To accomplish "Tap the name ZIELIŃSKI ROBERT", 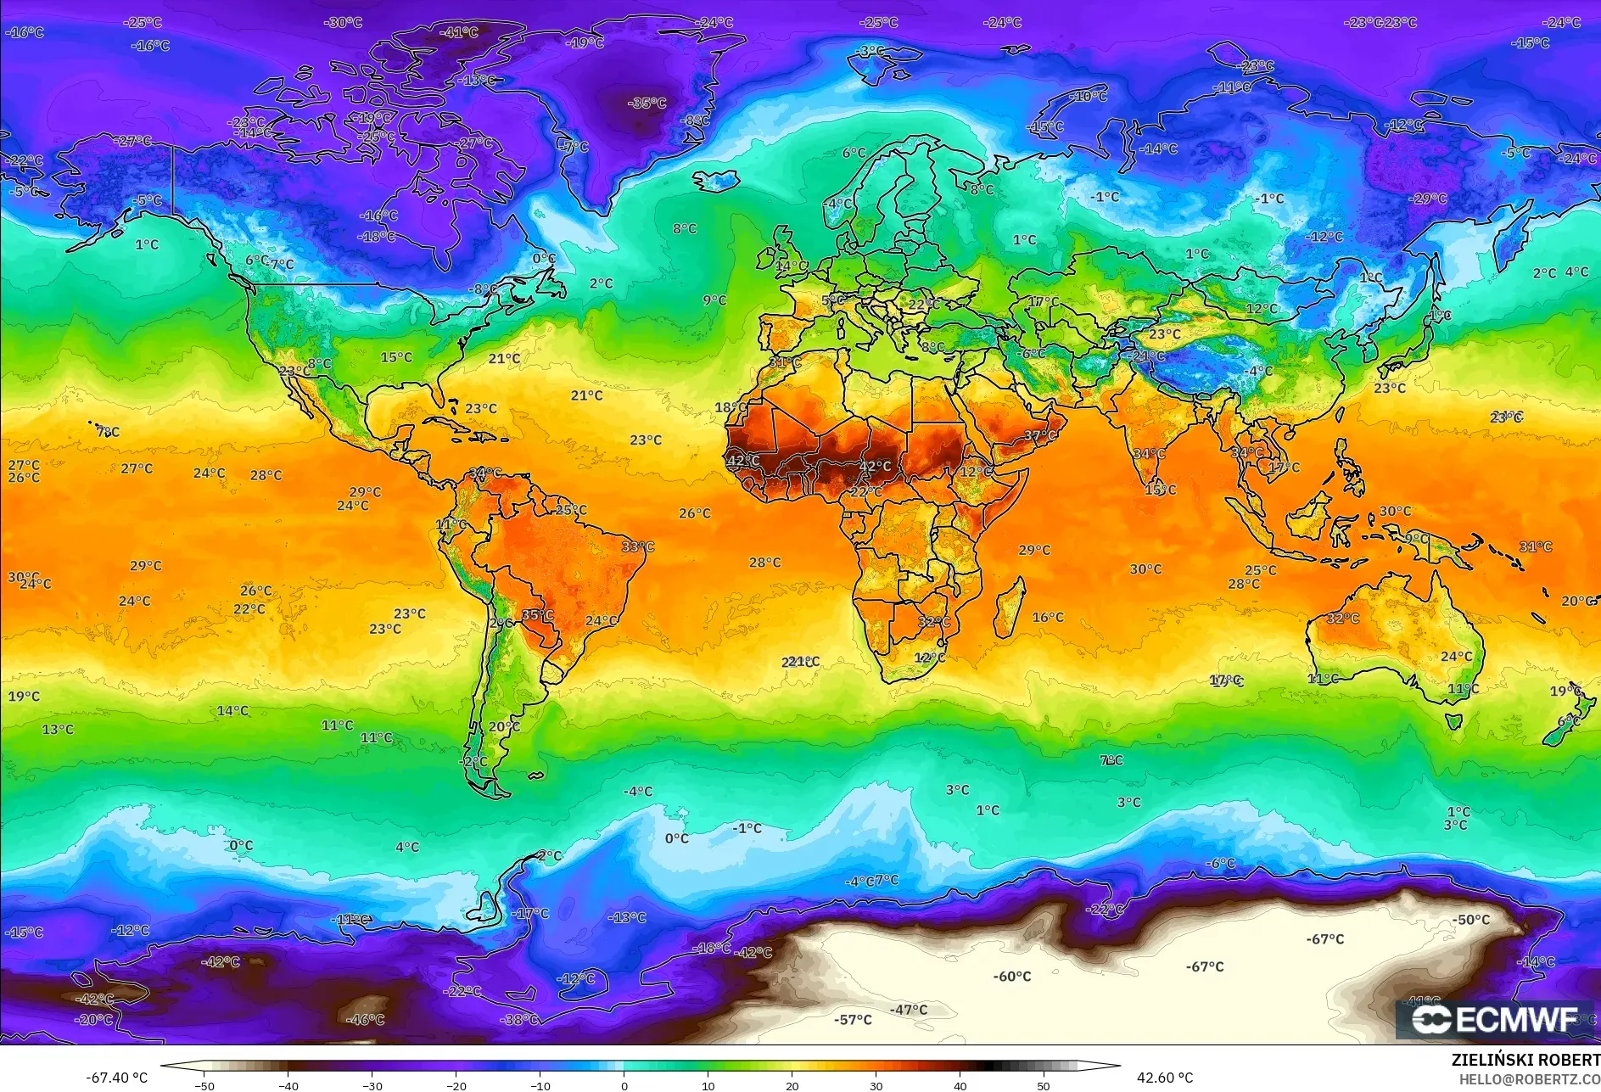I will (x=1525, y=1060).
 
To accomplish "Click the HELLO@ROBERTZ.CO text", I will (x=1529, y=1078).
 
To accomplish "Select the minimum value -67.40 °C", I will (x=116, y=1078).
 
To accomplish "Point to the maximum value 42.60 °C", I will (x=1165, y=1078).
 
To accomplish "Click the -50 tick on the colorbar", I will (x=204, y=1085).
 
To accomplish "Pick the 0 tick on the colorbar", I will (x=624, y=1085).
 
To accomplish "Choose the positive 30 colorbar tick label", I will (x=876, y=1085).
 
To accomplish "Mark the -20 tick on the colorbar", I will (x=456, y=1085).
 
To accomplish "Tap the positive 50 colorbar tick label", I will (x=1044, y=1085).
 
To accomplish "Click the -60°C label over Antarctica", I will (x=1012, y=977).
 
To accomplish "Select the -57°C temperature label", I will (x=853, y=1020).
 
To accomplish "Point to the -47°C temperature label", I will (x=909, y=1010).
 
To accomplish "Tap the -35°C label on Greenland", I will (x=647, y=104).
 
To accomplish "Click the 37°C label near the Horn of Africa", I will (x=1040, y=436).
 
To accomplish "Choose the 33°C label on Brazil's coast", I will (x=638, y=547).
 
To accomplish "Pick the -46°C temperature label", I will (x=367, y=1020).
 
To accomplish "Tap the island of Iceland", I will (x=717, y=180).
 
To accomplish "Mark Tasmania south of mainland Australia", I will (x=1453, y=722).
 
